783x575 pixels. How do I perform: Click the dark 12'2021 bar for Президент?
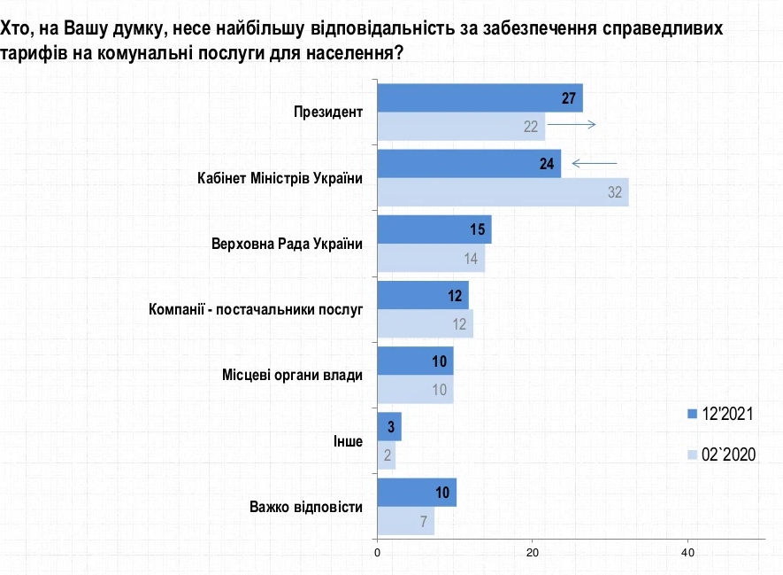pyautogui.click(x=480, y=98)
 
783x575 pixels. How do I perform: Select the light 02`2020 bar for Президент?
pyautogui.click(x=461, y=126)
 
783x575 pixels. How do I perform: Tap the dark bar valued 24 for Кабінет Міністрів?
pyautogui.click(x=469, y=164)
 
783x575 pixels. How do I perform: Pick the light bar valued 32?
pyautogui.click(x=503, y=191)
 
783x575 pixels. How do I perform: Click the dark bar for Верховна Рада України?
pyautogui.click(x=434, y=229)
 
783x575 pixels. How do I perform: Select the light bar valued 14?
pyautogui.click(x=431, y=258)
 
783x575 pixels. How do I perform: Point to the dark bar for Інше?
pyautogui.click(x=389, y=426)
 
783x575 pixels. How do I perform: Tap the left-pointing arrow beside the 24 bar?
pyautogui.click(x=594, y=164)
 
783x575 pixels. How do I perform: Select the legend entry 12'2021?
pyautogui.click(x=722, y=414)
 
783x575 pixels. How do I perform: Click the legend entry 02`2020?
pyautogui.click(x=722, y=455)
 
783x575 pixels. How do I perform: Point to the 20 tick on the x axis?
pyautogui.click(x=533, y=552)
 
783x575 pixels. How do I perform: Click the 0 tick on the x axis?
pyautogui.click(x=378, y=552)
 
